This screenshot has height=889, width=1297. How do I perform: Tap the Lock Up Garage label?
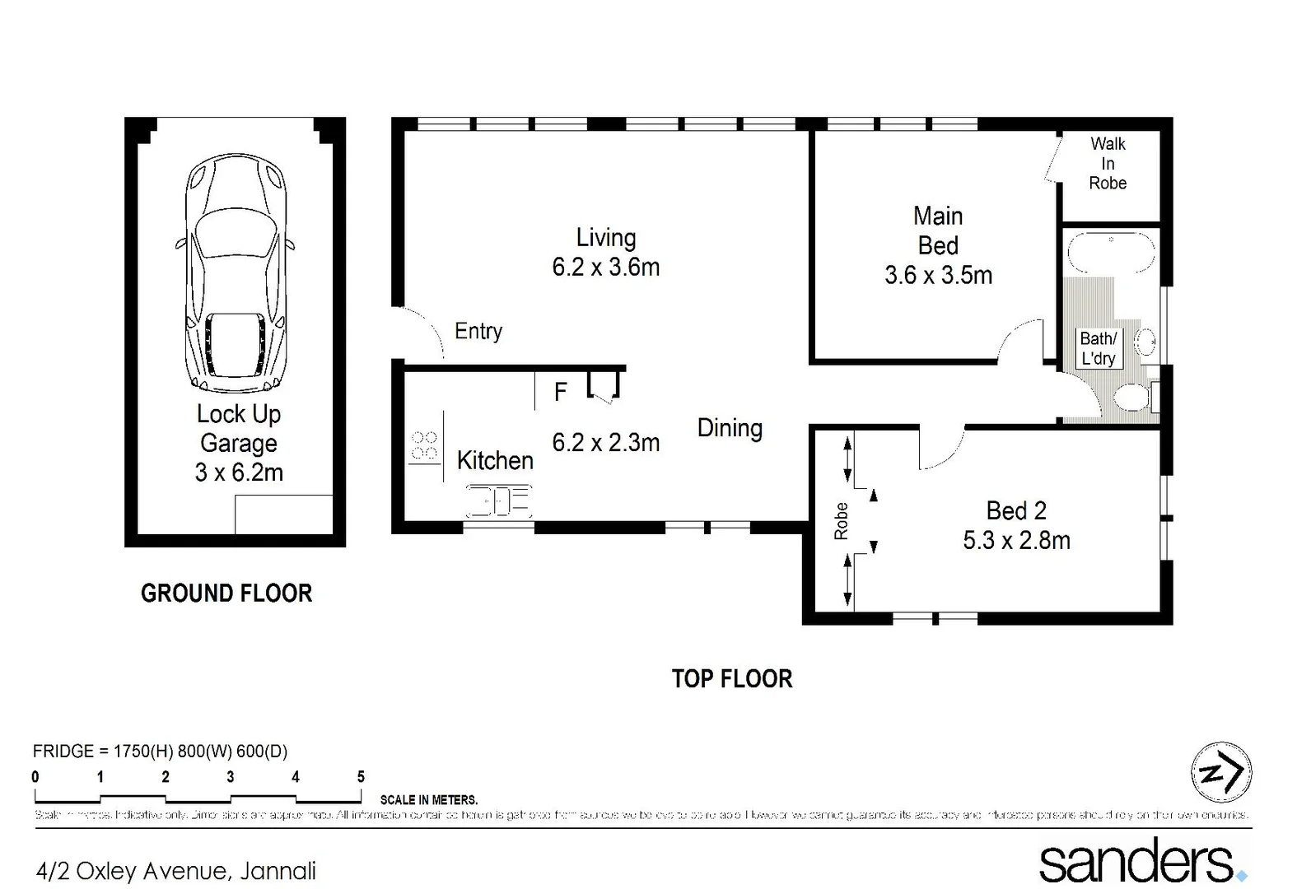tap(239, 443)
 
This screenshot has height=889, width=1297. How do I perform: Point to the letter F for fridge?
tap(560, 393)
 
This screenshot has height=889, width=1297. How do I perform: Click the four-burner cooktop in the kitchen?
tap(425, 446)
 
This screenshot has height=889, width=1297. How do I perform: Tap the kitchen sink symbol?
tap(499, 500)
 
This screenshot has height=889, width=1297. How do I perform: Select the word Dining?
tap(730, 428)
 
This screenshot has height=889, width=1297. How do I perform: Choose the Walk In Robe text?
tap(1108, 164)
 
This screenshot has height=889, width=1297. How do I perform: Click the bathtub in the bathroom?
tap(1110, 252)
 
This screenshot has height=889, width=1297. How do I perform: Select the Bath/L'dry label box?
tap(1099, 348)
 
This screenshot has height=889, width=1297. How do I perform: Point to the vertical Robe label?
tap(841, 521)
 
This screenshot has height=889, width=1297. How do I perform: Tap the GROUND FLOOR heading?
tap(226, 593)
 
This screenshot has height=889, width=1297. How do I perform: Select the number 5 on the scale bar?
tap(361, 776)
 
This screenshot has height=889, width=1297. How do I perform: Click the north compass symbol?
tap(1221, 772)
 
